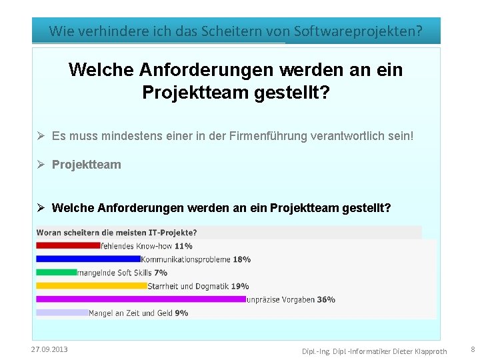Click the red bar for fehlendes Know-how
(67, 245)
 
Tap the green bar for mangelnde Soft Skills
(57, 272)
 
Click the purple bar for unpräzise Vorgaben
(141, 299)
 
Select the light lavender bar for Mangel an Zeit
(62, 313)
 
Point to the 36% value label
(326, 299)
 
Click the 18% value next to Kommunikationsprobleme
(242, 259)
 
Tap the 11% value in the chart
(183, 246)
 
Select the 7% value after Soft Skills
(161, 273)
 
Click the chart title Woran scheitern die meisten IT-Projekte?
(117, 233)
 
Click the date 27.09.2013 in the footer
(49, 349)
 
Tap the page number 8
(473, 349)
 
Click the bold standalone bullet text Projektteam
(87, 165)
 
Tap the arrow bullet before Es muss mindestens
(41, 136)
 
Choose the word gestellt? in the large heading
(293, 92)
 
